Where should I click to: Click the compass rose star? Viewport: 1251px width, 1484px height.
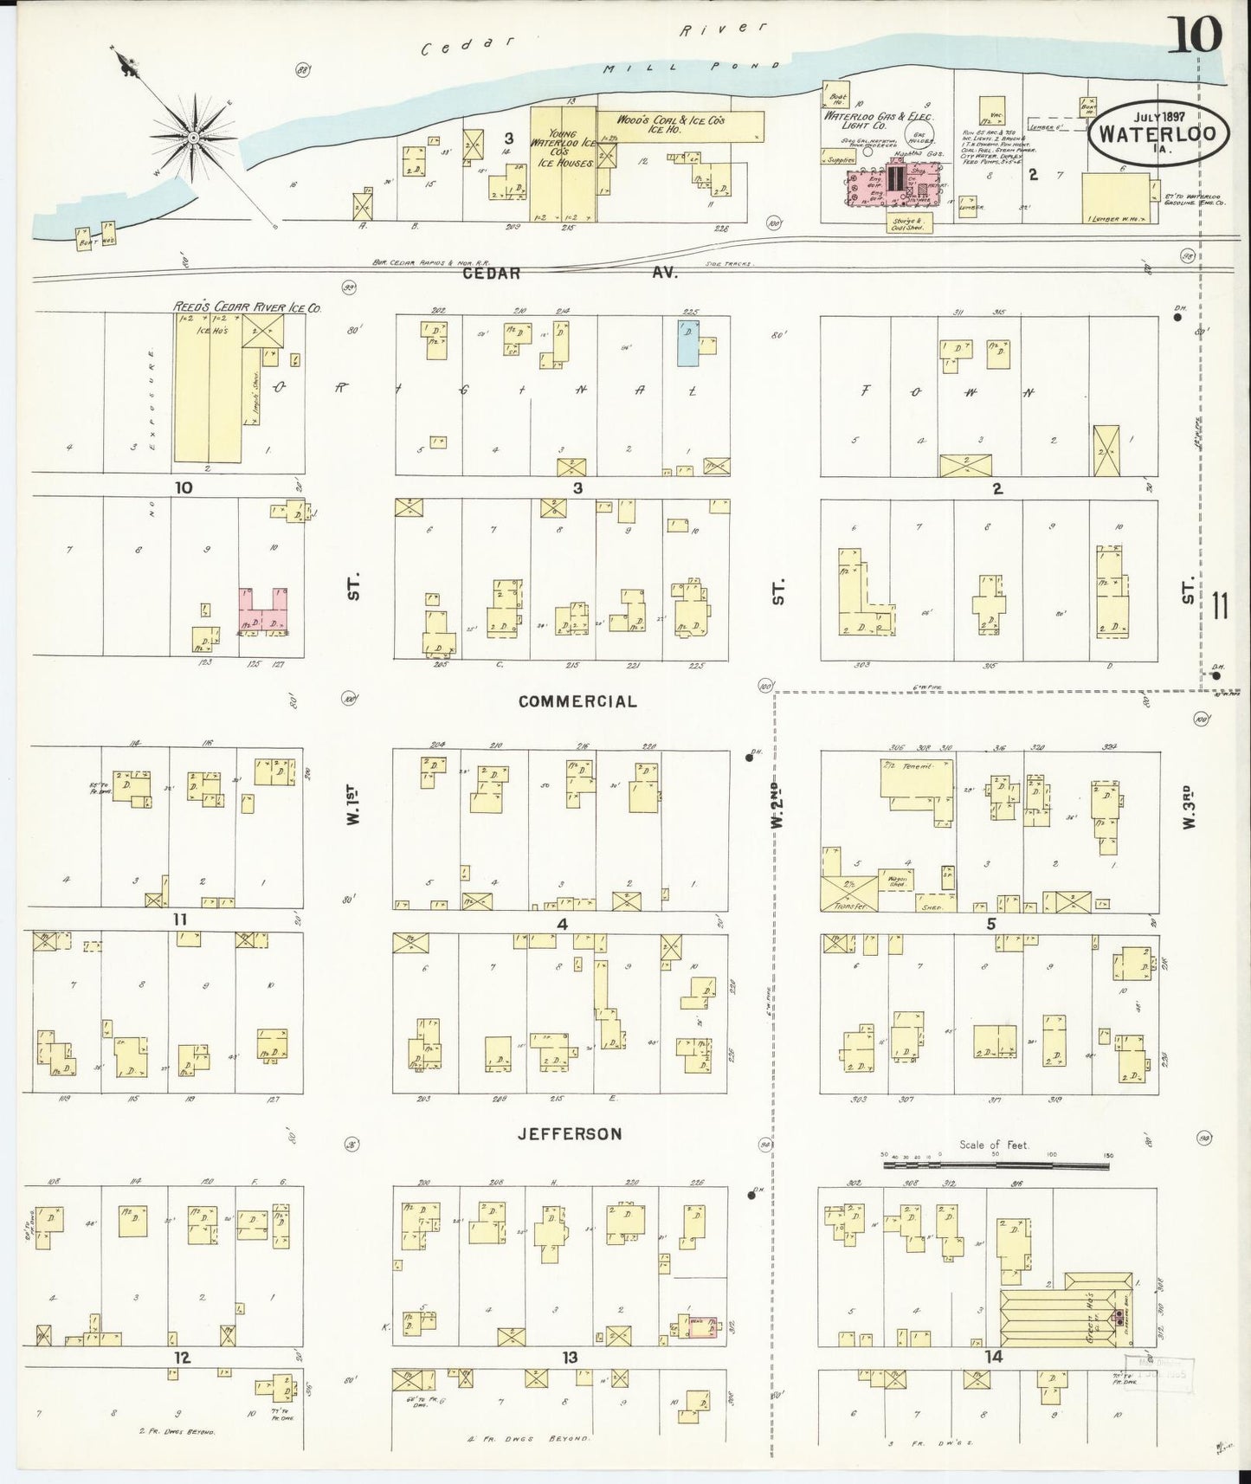[x=193, y=137]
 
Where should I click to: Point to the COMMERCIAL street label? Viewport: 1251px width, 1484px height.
[x=577, y=701]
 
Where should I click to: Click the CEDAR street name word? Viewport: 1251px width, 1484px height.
[x=490, y=273]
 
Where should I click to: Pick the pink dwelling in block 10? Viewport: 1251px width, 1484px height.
[x=263, y=611]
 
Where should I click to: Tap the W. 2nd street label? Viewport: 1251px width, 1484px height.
[x=777, y=805]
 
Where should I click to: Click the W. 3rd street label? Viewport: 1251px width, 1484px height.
[x=1188, y=807]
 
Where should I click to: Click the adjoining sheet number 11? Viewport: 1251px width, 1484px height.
[x=1222, y=605]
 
